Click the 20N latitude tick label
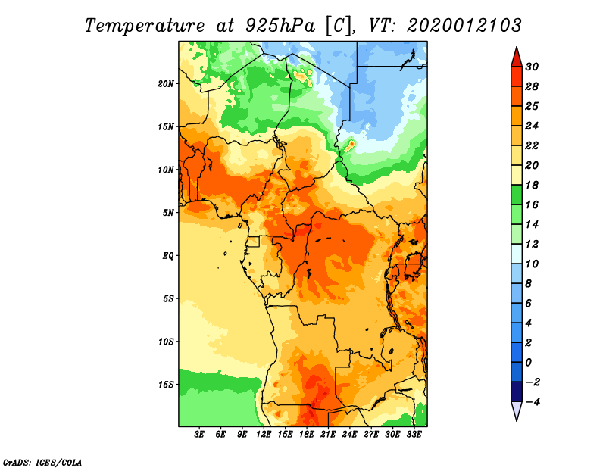(x=166, y=83)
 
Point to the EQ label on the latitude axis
(x=168, y=255)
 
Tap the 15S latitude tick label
(x=166, y=385)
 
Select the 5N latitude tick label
(x=168, y=213)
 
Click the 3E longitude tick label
(x=199, y=434)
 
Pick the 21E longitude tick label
(x=328, y=434)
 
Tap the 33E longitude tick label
(x=414, y=434)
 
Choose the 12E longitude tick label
(x=264, y=434)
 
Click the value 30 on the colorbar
(x=532, y=67)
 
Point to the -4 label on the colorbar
(x=533, y=402)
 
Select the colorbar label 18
(x=532, y=185)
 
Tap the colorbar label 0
(x=528, y=363)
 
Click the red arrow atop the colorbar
(x=517, y=58)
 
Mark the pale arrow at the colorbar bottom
(x=517, y=410)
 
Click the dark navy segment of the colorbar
(x=517, y=392)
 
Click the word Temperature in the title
(x=145, y=26)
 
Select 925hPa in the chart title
(x=280, y=26)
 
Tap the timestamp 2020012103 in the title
(x=464, y=26)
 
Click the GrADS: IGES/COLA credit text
(x=42, y=462)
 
